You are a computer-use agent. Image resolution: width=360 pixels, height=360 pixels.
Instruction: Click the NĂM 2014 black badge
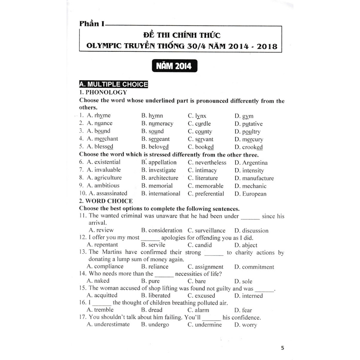tap(174, 66)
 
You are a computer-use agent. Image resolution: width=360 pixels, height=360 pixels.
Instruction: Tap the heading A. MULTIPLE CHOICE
tap(114, 84)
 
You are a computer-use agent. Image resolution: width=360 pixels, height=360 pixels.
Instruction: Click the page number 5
tap(282, 348)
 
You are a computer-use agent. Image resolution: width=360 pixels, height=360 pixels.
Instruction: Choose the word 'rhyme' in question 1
tap(102, 116)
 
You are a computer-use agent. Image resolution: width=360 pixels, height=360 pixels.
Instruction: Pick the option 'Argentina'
tap(255, 163)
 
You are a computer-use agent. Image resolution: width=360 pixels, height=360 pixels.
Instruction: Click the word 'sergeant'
tap(159, 139)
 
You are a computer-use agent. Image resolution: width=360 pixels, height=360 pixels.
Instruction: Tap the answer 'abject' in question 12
tap(250, 245)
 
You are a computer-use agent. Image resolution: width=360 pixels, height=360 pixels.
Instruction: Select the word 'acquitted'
tap(105, 296)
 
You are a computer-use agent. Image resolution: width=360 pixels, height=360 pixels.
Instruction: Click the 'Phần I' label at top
tap(92, 24)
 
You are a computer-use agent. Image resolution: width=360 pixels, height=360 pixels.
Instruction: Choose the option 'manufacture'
tap(258, 178)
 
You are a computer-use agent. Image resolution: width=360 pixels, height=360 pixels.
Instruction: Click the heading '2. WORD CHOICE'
tap(106, 201)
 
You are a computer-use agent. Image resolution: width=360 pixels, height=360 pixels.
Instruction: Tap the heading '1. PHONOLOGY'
tap(103, 92)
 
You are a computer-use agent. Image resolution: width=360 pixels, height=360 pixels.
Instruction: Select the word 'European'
tap(254, 194)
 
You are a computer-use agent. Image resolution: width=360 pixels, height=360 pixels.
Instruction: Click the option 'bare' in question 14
tap(200, 281)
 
